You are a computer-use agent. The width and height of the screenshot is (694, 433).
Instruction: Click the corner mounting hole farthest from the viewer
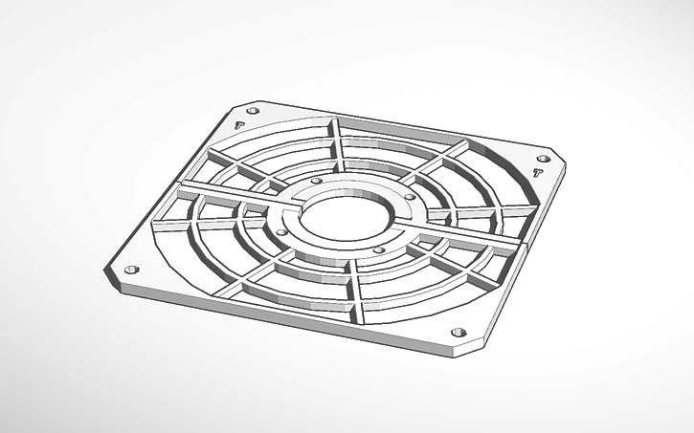click(x=251, y=110)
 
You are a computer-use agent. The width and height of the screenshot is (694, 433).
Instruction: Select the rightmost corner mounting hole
click(x=544, y=158)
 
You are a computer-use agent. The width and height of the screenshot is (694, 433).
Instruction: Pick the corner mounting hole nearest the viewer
click(x=458, y=332)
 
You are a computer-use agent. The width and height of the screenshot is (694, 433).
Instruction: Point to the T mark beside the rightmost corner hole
click(x=537, y=173)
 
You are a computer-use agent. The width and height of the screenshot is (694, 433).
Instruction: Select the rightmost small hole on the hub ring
click(x=410, y=198)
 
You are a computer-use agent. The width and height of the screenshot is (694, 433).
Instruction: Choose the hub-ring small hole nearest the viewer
click(x=379, y=249)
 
